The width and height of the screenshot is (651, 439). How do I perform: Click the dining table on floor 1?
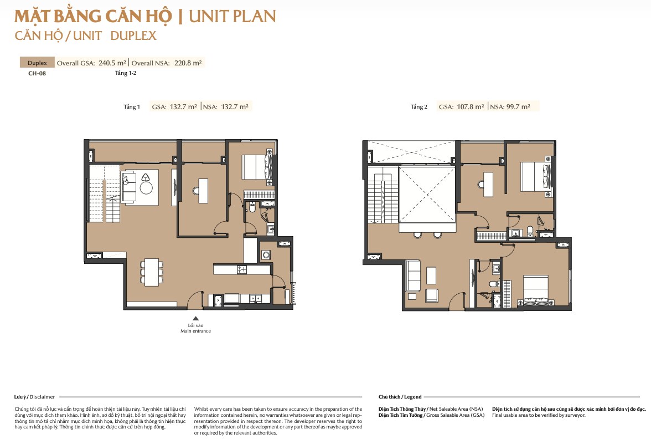[152, 272]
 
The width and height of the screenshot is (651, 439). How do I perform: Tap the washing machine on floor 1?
[266, 255]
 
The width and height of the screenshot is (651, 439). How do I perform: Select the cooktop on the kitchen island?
[241, 270]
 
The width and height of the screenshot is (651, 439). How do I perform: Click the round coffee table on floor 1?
[146, 188]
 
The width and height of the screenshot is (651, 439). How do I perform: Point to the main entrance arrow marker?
[195, 318]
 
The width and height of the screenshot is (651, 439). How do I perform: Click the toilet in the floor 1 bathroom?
[252, 207]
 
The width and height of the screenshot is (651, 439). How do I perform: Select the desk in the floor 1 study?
[203, 191]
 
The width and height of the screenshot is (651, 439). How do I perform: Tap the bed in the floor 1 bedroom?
[257, 167]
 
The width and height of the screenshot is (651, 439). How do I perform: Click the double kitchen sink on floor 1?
[255, 298]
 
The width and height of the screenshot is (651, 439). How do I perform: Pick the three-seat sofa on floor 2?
[414, 275]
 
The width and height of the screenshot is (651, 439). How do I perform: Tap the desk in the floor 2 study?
[488, 184]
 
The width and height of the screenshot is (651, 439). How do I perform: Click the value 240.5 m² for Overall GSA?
[112, 63]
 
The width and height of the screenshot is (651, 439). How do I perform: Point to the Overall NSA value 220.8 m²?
[188, 63]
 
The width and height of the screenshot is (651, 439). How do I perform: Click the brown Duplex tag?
[38, 62]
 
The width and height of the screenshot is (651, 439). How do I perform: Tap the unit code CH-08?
[37, 74]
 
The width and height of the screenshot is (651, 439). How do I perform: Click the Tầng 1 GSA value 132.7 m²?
[183, 107]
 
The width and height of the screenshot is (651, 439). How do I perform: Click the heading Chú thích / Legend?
[400, 397]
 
